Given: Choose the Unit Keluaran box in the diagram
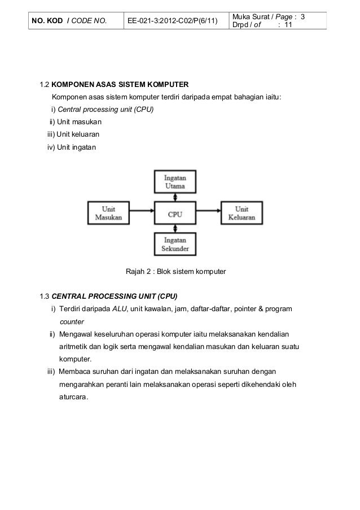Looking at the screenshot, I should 242,213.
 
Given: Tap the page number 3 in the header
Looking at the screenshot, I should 303,18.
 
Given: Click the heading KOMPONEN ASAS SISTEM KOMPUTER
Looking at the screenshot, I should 124,86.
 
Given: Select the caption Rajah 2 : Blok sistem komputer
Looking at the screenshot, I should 175,272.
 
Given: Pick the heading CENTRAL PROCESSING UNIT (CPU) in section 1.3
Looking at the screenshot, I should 115,297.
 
